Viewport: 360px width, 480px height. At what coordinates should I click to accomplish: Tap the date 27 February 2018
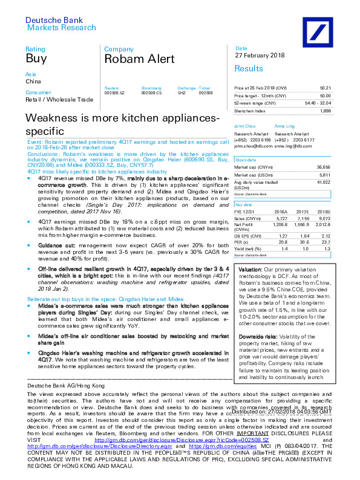pos(260,56)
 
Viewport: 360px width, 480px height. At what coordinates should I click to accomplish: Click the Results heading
pos(249,69)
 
